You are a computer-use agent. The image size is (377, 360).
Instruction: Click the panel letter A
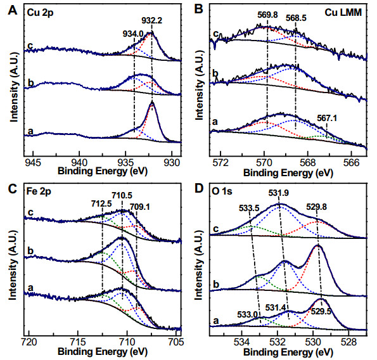(x=13, y=10)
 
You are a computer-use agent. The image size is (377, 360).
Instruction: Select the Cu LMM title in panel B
(x=343, y=12)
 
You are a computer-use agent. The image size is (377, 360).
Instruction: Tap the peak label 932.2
(x=151, y=20)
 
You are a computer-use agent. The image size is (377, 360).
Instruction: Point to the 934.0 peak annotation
(x=133, y=34)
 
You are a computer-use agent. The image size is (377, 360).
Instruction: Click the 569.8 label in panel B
(x=267, y=15)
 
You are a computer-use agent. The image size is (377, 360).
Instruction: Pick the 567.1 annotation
(x=327, y=119)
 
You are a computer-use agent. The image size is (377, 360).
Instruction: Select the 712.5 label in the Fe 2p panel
(x=101, y=203)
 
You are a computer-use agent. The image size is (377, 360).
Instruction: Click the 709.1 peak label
(x=139, y=207)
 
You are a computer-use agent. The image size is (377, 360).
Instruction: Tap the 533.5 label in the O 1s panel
(x=249, y=208)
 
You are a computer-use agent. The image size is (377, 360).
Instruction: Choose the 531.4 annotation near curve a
(x=276, y=307)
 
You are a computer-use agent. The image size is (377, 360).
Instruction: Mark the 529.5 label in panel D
(x=321, y=311)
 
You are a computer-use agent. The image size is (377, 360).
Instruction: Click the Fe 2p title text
(x=39, y=192)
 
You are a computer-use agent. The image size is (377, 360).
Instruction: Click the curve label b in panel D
(x=216, y=284)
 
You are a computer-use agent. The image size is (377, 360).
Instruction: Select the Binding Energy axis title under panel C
(x=103, y=352)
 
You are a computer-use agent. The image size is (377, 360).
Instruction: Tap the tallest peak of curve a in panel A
(x=152, y=102)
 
